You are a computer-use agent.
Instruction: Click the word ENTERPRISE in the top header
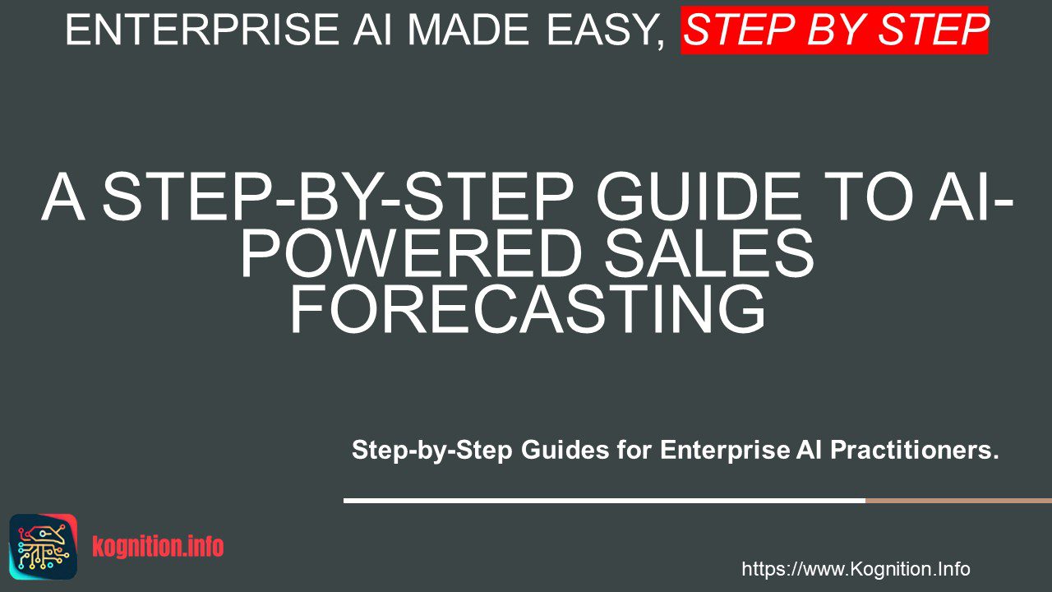click(x=202, y=30)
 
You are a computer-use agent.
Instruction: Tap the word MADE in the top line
click(x=467, y=30)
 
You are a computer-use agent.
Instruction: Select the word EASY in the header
click(x=602, y=30)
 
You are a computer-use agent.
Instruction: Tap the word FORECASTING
click(x=528, y=309)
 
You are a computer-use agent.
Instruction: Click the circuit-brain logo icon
click(x=44, y=547)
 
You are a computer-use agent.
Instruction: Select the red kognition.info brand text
click(x=159, y=547)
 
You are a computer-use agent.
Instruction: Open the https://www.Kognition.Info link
click(x=856, y=569)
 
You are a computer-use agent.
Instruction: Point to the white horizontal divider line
click(x=604, y=501)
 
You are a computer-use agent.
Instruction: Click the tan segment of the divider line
click(x=958, y=501)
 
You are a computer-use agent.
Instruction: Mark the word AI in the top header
click(x=372, y=30)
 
